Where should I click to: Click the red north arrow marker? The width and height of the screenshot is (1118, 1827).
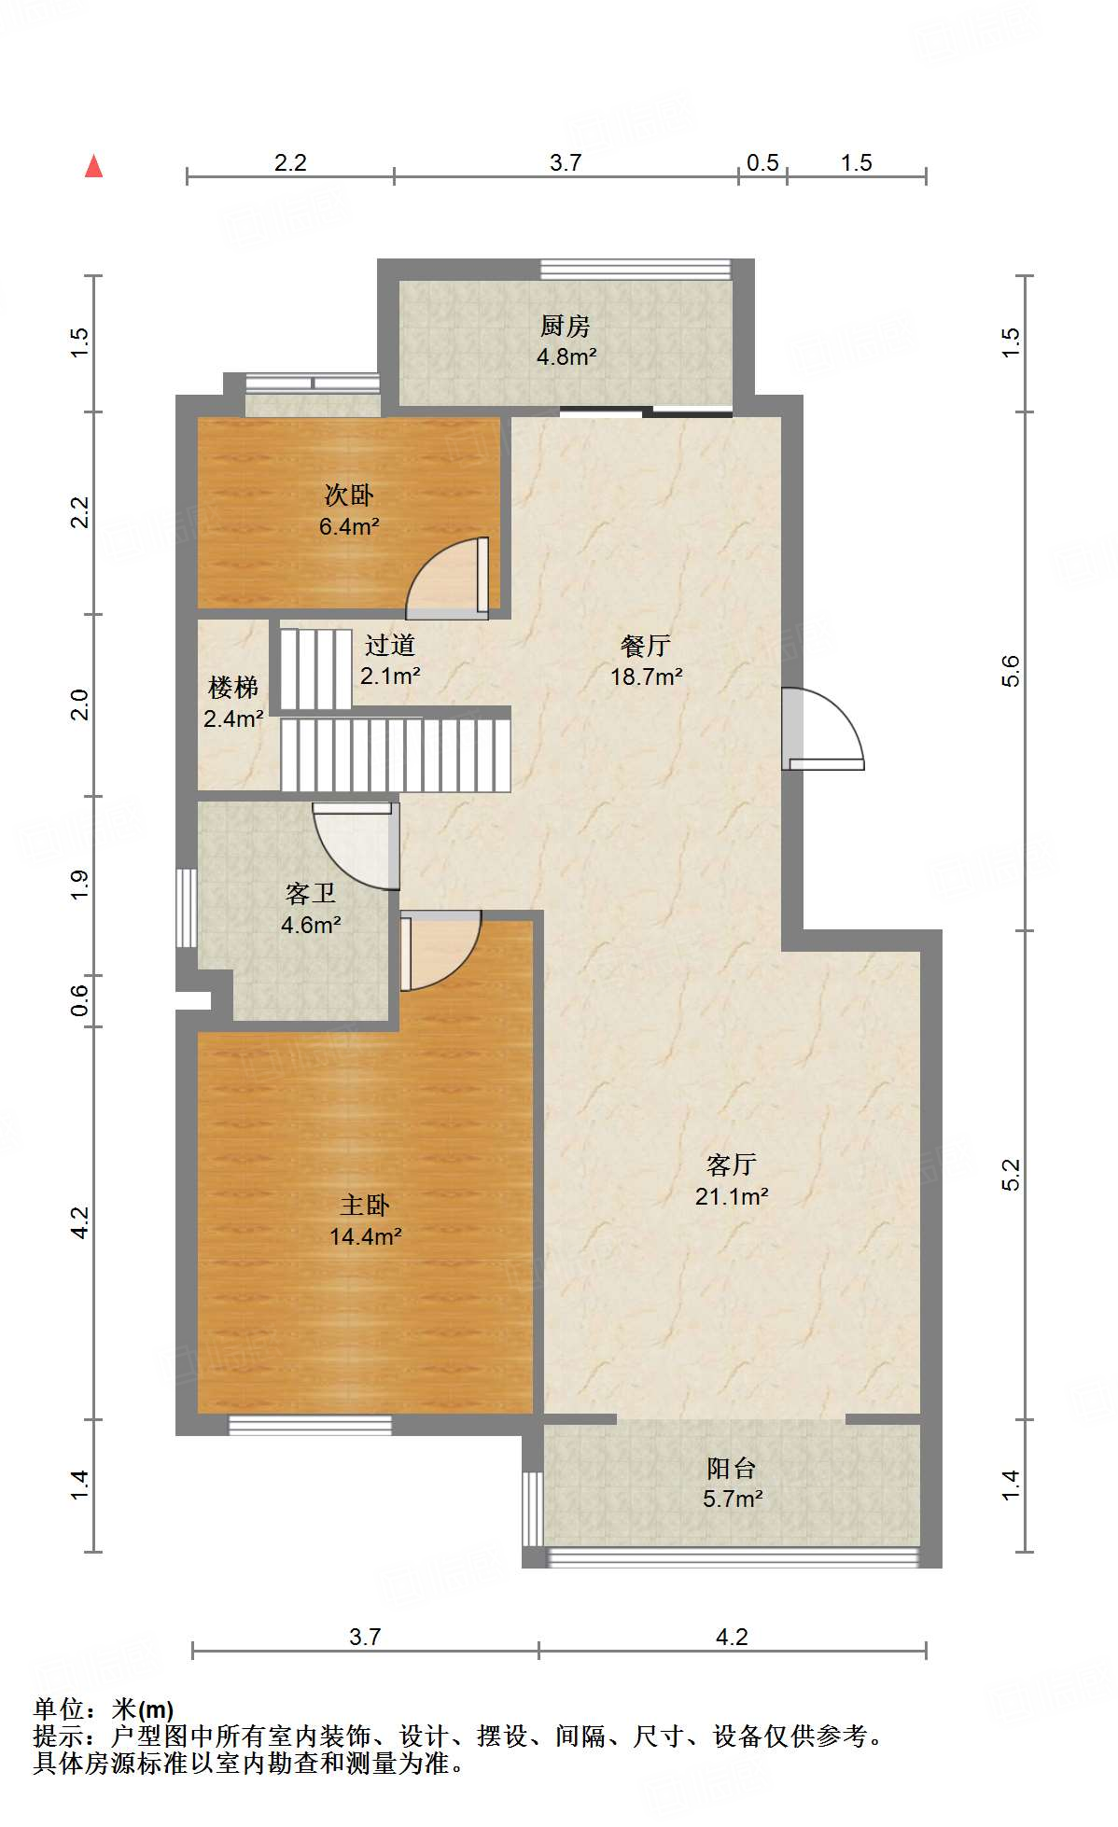click(94, 166)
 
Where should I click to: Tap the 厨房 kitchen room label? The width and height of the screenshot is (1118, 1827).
click(566, 327)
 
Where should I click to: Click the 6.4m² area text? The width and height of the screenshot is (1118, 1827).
click(349, 527)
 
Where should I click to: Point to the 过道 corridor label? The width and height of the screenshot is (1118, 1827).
click(390, 645)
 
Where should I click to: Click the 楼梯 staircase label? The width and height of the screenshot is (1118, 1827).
click(233, 688)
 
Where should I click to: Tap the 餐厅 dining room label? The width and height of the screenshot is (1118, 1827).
click(646, 646)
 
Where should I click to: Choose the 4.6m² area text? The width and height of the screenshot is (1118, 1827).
click(311, 926)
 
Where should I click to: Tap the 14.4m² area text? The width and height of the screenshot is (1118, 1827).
click(366, 1237)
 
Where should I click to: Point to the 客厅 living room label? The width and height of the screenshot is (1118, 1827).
click(732, 1165)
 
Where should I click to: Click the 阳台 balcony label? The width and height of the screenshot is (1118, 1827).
click(732, 1469)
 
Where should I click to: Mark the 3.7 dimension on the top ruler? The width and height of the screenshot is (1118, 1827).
click(566, 163)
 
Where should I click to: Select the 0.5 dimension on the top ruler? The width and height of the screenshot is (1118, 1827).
click(762, 163)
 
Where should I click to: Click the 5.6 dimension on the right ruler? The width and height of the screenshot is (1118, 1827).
click(1011, 672)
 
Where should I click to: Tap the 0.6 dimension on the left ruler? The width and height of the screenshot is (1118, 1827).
click(80, 1001)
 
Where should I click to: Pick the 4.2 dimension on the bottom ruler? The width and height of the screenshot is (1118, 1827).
click(732, 1638)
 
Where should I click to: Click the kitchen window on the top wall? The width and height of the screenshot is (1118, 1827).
click(636, 269)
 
